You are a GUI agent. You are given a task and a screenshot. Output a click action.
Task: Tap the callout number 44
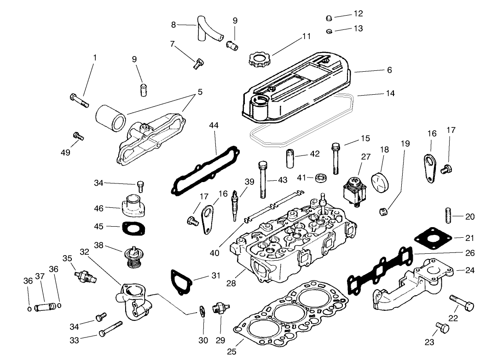point(214,125)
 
